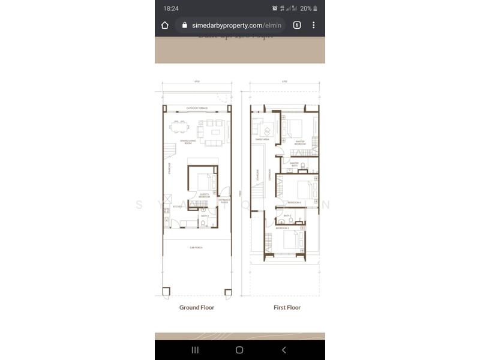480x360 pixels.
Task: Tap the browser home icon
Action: click(165, 25)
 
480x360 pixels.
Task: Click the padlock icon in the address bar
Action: click(184, 25)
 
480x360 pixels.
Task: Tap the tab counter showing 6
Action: click(297, 25)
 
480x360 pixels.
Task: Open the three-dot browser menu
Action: click(313, 25)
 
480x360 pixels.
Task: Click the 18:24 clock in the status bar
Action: click(171, 8)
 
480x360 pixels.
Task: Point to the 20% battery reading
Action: click(305, 8)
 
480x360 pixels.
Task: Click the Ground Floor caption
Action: click(197, 307)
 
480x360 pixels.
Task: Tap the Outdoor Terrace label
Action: click(197, 108)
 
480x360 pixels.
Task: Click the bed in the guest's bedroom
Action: click(203, 182)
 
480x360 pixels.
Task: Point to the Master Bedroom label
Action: click(300, 144)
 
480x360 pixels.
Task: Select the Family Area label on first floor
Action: click(262, 139)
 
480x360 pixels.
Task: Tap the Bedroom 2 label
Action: click(293, 203)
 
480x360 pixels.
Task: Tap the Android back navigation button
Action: click(284, 350)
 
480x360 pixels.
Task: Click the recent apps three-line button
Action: click(195, 350)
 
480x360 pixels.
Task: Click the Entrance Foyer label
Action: click(223, 202)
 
